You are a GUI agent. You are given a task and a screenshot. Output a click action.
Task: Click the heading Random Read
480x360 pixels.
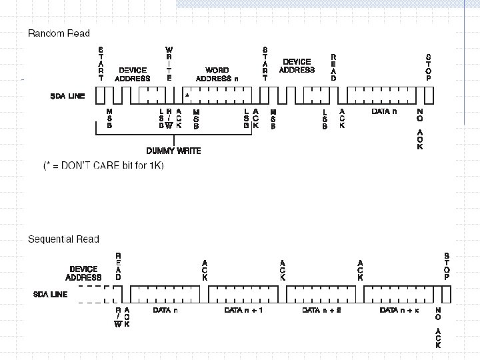coord(59,33)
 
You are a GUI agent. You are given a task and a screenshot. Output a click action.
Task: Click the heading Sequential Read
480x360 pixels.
coord(63,239)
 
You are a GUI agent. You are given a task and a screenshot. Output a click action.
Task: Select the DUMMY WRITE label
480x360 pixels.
coord(173,151)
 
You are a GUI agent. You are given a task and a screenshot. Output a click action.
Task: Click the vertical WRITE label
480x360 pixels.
coord(169,64)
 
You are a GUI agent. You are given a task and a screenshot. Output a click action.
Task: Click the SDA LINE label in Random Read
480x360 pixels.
coord(68,96)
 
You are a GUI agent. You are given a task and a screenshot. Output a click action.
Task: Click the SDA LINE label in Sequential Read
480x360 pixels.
coord(51,293)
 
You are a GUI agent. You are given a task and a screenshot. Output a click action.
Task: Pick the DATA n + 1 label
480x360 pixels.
coord(244,310)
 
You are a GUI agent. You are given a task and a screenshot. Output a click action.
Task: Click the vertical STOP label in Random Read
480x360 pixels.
coord(428,67)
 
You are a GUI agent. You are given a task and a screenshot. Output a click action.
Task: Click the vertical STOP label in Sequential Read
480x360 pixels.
coord(447,266)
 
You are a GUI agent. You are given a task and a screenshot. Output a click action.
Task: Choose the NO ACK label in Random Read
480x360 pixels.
coord(420,129)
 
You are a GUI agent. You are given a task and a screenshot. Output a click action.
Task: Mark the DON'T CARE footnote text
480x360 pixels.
coord(103,165)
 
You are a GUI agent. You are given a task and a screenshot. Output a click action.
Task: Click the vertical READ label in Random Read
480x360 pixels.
coord(333,67)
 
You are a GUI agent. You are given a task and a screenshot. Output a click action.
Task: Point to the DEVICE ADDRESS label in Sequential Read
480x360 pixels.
coord(83,273)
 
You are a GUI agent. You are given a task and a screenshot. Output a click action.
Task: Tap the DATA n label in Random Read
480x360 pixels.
coord(385,111)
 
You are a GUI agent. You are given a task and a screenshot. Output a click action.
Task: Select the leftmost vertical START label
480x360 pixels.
coord(101,64)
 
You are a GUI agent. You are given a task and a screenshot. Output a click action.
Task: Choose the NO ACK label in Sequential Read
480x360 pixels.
coord(438,328)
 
